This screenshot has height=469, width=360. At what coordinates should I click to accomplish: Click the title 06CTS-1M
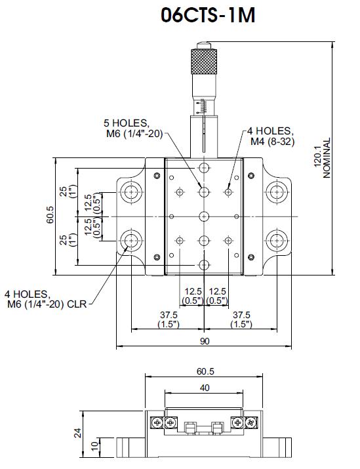coord(208,15)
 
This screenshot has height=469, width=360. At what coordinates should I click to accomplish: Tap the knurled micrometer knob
coord(204,62)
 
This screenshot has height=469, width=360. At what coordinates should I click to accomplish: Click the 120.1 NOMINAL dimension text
coord(323,158)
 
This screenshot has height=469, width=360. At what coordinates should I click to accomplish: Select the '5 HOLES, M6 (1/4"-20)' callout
coord(133,129)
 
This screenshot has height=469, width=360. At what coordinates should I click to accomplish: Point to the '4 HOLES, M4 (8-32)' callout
coord(271,136)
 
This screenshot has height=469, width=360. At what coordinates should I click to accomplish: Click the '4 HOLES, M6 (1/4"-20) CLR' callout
coord(45,299)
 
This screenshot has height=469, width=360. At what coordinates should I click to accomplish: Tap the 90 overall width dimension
coord(205,341)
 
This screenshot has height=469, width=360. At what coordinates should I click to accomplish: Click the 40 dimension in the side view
coord(205,388)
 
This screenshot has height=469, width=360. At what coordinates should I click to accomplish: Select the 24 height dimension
coord(78,433)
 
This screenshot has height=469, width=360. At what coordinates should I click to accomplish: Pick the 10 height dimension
coord(94,446)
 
